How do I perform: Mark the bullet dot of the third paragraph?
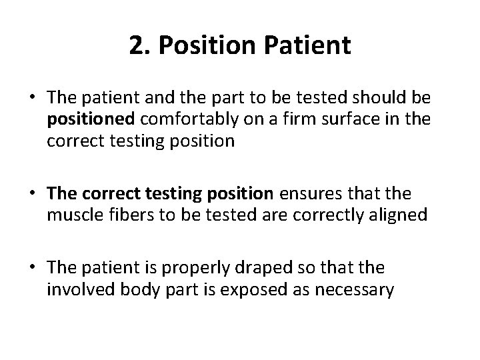[x=33, y=268]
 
